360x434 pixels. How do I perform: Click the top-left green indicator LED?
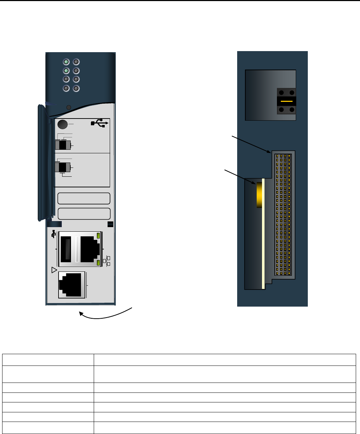click(66, 62)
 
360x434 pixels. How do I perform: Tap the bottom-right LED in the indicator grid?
click(76, 88)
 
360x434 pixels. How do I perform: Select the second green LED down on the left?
click(66, 71)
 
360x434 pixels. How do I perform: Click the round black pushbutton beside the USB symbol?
click(62, 125)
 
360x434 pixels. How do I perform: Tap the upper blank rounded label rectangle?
click(84, 199)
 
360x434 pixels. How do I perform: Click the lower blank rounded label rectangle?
click(84, 214)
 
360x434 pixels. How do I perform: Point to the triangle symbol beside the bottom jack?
click(54, 270)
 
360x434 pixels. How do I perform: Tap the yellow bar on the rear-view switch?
click(287, 101)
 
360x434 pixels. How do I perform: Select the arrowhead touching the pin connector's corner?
click(269, 152)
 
